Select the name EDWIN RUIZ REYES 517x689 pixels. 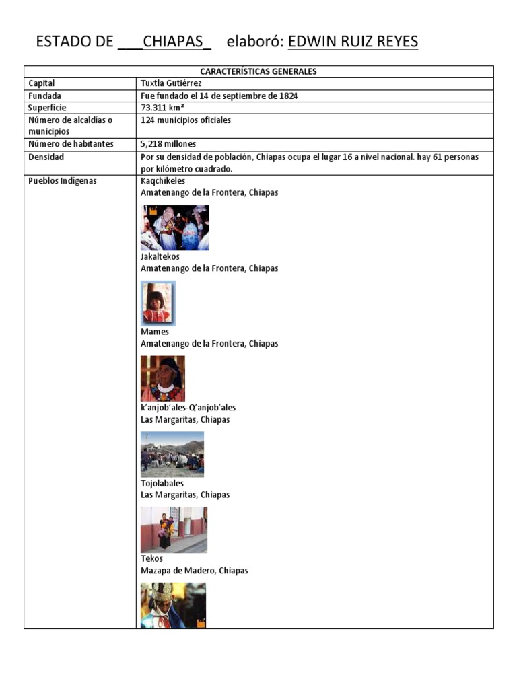coord(353,42)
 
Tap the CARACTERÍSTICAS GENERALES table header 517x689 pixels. coord(258,71)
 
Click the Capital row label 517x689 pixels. coord(42,83)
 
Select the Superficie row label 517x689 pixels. coord(47,108)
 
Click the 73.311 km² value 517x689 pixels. coord(164,108)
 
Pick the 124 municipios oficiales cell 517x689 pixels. coord(186,120)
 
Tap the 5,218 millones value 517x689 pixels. coord(168,144)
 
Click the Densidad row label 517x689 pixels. coord(46,157)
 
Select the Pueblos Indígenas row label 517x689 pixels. coord(63,181)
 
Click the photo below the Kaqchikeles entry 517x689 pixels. coord(174,227)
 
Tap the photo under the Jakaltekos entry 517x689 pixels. coord(158,303)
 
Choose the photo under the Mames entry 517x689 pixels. coord(163,378)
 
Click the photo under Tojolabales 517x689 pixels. coord(174,530)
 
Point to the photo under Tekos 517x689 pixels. coord(173,605)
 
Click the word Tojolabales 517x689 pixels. coord(162,483)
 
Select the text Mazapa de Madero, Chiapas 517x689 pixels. coord(194,571)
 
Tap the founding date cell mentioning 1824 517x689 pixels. coord(219,96)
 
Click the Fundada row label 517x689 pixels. coord(45,96)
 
